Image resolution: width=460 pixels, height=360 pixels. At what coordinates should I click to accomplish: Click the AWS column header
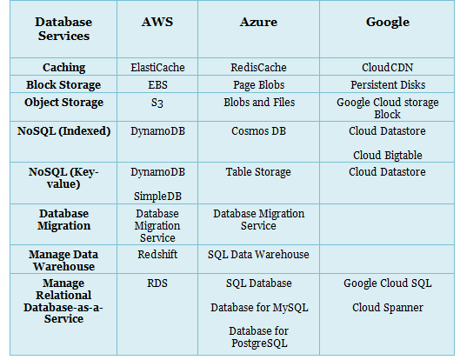157,22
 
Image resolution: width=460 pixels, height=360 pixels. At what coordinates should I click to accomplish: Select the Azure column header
258,22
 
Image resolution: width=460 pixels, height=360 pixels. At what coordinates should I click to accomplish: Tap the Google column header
388,23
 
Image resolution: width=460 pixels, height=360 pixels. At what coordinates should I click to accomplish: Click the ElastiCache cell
157,68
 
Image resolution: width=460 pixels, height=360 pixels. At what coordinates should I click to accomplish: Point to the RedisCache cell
258,68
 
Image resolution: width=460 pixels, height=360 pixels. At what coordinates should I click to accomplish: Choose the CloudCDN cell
387,68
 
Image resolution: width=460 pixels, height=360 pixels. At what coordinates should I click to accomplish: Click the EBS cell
157,85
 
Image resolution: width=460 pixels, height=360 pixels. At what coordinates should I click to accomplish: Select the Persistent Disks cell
388,85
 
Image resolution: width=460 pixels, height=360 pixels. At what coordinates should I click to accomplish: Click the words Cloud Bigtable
388,155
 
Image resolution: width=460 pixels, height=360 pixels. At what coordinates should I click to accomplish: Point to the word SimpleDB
157,196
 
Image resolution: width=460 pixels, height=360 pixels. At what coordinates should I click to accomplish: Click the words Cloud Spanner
388,308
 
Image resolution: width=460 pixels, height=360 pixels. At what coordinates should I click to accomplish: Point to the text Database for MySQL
259,308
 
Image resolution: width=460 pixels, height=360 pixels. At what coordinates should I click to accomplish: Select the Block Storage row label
63,85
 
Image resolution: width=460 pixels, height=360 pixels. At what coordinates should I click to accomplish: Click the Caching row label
64,68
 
